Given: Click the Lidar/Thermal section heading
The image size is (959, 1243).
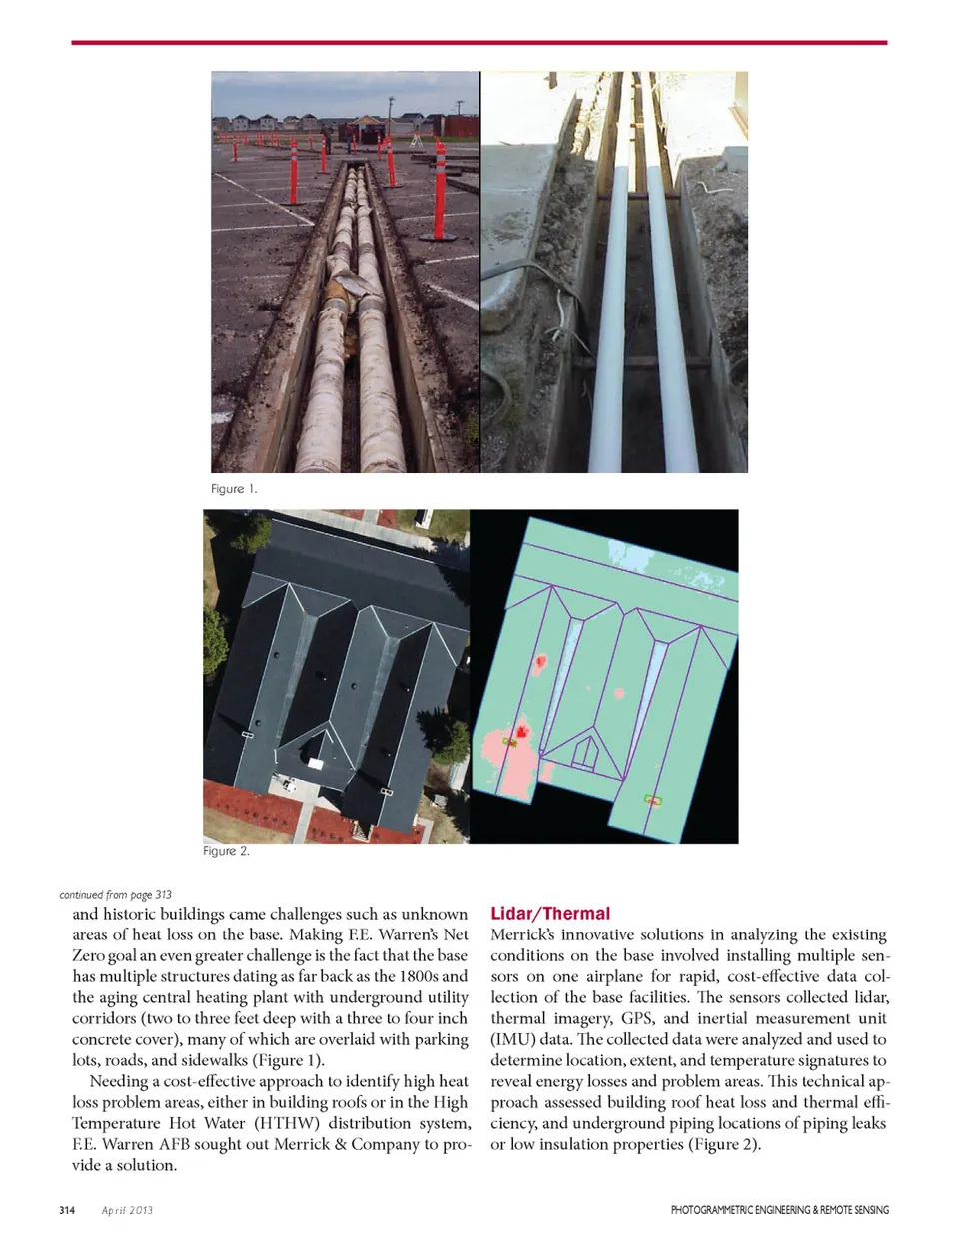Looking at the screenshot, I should coord(550,913).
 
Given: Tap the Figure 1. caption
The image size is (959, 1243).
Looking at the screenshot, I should coord(234,488).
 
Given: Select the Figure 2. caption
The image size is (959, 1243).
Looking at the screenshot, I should coord(226,851).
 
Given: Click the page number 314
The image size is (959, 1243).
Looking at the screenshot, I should coord(67,1210).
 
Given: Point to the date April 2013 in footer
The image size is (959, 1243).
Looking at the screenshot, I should coord(127,1210).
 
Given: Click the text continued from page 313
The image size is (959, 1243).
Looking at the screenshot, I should coord(115,894).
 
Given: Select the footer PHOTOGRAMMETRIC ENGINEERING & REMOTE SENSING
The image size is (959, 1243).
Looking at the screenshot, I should coord(779,1210).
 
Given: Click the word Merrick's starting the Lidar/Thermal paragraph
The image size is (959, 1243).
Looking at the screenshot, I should coord(522,934).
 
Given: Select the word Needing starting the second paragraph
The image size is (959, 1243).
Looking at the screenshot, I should coord(122,1081).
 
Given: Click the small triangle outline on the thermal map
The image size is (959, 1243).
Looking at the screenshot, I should coord(588,750).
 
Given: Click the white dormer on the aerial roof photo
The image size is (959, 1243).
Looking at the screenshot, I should coord(318,763).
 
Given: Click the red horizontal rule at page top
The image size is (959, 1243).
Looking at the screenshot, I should coord(479,43).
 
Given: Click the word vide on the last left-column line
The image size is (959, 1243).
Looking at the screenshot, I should coord(88,1165).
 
